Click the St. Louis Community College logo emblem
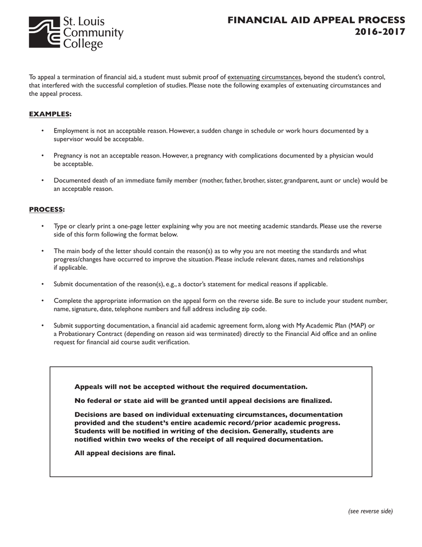tap(45, 33)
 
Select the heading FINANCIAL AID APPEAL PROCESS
tap(316, 20)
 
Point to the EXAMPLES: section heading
tap(50, 114)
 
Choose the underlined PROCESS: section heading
tap(47, 209)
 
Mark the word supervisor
tap(69, 139)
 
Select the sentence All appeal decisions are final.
tap(125, 453)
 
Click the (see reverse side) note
tap(370, 511)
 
